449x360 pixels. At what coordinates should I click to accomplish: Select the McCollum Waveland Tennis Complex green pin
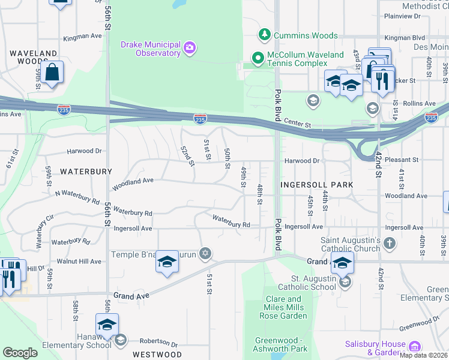258,58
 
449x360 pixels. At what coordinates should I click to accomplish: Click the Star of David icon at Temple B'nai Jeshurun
205,254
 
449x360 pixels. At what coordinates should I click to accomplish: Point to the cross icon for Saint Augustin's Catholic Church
390,244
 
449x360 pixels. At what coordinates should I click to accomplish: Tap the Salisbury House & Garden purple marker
414,347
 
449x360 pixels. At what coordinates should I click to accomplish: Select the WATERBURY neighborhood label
86,172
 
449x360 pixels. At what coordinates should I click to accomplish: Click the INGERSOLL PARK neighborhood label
316,185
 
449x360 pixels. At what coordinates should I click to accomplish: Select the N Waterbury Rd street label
77,196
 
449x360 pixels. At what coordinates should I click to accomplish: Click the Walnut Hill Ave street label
79,262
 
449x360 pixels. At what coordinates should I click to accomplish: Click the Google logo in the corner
20,352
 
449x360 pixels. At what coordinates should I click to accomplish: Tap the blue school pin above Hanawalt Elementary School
107,326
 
